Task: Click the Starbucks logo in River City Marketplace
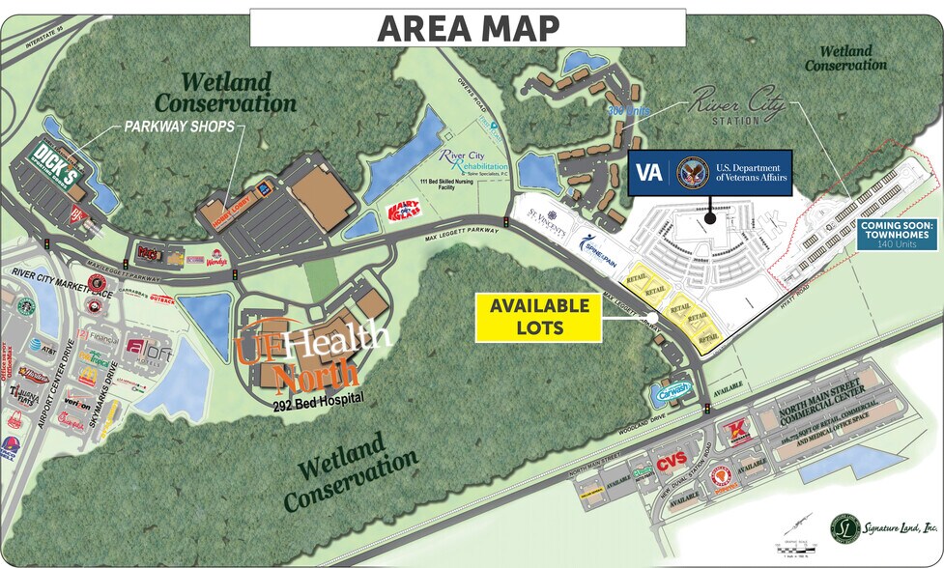point(26,306)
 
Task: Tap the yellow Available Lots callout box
point(539,317)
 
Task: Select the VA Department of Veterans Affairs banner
point(710,174)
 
